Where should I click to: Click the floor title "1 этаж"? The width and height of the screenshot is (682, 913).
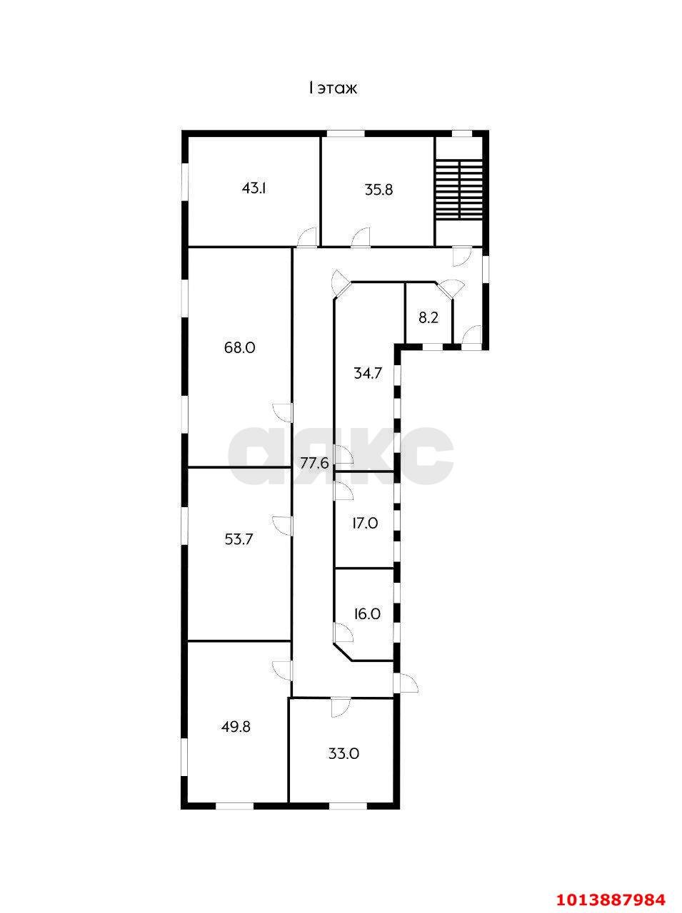tap(333, 88)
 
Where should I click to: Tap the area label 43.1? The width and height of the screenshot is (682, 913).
tap(254, 188)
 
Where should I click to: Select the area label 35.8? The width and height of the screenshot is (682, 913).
tap(378, 190)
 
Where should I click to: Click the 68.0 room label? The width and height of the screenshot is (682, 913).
tap(240, 347)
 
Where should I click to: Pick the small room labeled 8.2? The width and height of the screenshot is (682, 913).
tap(428, 319)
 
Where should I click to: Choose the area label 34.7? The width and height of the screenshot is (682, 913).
tap(368, 372)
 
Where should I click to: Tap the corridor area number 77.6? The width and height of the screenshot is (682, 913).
tap(315, 463)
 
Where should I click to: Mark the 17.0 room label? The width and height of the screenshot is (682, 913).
tap(364, 523)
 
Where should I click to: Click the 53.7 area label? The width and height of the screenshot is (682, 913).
tap(239, 539)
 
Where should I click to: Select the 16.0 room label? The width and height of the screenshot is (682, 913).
tap(367, 614)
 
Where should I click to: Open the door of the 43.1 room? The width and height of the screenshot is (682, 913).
tap(308, 238)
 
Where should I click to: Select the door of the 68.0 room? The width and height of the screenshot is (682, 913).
tap(283, 413)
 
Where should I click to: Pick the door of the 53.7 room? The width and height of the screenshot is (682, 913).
tap(283, 526)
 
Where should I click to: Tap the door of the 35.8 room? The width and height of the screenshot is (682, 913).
tap(361, 238)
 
